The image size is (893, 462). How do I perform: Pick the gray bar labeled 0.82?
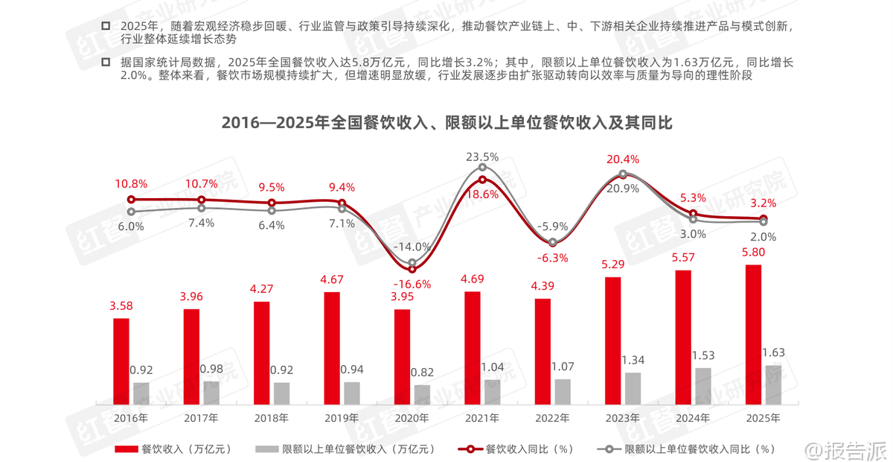click(422, 394)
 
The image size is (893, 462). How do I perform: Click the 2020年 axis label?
click(412, 418)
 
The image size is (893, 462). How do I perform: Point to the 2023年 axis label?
click(622, 418)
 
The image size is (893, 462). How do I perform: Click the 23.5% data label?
click(482, 157)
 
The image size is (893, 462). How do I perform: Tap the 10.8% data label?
click(132, 183)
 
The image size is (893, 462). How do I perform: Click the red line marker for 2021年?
click(482, 180)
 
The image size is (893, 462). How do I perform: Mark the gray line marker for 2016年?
click(132, 212)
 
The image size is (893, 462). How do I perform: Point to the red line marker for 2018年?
click(272, 203)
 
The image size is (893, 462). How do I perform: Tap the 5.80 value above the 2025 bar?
click(753, 252)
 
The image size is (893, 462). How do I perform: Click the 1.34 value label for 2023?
click(633, 360)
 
